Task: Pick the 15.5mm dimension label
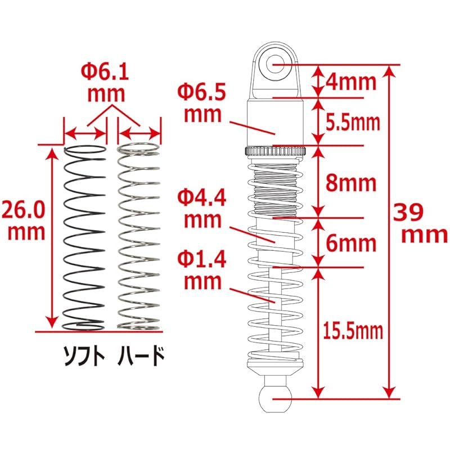coord(353,331)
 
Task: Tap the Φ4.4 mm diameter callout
coord(201,208)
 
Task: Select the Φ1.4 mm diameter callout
coord(201,270)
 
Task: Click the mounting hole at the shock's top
coord(276,64)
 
